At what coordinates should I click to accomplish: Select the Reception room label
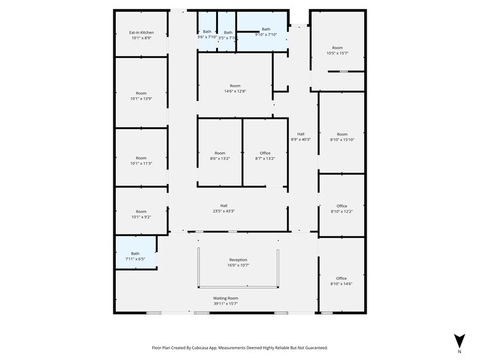pyautogui.click(x=238, y=260)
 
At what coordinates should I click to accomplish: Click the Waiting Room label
pyautogui.click(x=225, y=298)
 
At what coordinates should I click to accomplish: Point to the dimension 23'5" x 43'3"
pyautogui.click(x=223, y=211)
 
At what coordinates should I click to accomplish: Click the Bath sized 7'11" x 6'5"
pyautogui.click(x=135, y=256)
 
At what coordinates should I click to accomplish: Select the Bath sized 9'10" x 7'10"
pyautogui.click(x=266, y=32)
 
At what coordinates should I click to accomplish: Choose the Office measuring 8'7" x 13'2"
pyautogui.click(x=264, y=156)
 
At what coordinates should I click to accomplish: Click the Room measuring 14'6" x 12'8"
pyautogui.click(x=235, y=88)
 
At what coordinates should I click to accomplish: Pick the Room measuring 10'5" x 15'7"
pyautogui.click(x=337, y=50)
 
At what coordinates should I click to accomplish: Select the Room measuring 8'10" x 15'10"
pyautogui.click(x=342, y=137)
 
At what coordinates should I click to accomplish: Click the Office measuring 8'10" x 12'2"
pyautogui.click(x=342, y=209)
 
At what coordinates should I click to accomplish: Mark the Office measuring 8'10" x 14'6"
pyautogui.click(x=342, y=281)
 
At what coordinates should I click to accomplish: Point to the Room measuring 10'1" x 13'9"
pyautogui.click(x=141, y=96)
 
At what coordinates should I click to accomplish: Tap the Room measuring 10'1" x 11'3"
pyautogui.click(x=141, y=160)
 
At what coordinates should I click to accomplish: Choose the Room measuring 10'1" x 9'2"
pyautogui.click(x=141, y=214)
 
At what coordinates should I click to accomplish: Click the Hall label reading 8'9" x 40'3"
pyautogui.click(x=301, y=137)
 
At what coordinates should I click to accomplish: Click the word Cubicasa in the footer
pyautogui.click(x=211, y=347)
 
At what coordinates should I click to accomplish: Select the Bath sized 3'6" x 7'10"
pyautogui.click(x=207, y=34)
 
